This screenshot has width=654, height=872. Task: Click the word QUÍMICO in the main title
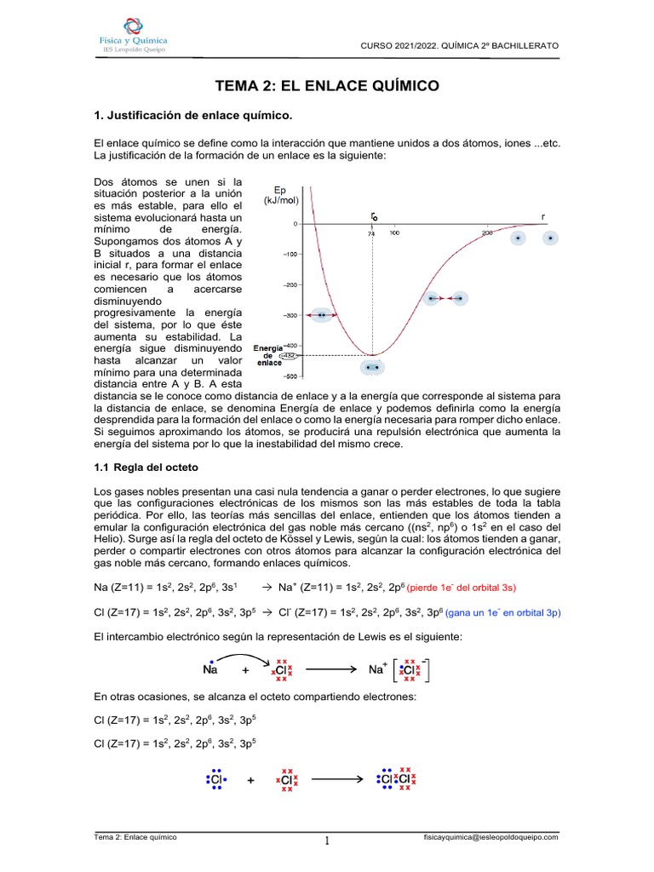click(399, 86)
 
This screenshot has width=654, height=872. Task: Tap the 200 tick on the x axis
click(487, 232)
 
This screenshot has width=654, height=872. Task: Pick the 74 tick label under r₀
click(371, 233)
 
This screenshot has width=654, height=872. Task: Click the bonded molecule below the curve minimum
click(371, 367)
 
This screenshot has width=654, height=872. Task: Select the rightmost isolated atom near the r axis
click(551, 238)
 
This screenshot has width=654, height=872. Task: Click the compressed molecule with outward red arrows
click(323, 315)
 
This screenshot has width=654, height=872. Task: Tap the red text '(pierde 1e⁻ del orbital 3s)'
click(462, 588)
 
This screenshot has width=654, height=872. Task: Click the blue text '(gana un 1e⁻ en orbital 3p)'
click(491, 612)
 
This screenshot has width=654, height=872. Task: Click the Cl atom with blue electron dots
click(216, 779)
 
